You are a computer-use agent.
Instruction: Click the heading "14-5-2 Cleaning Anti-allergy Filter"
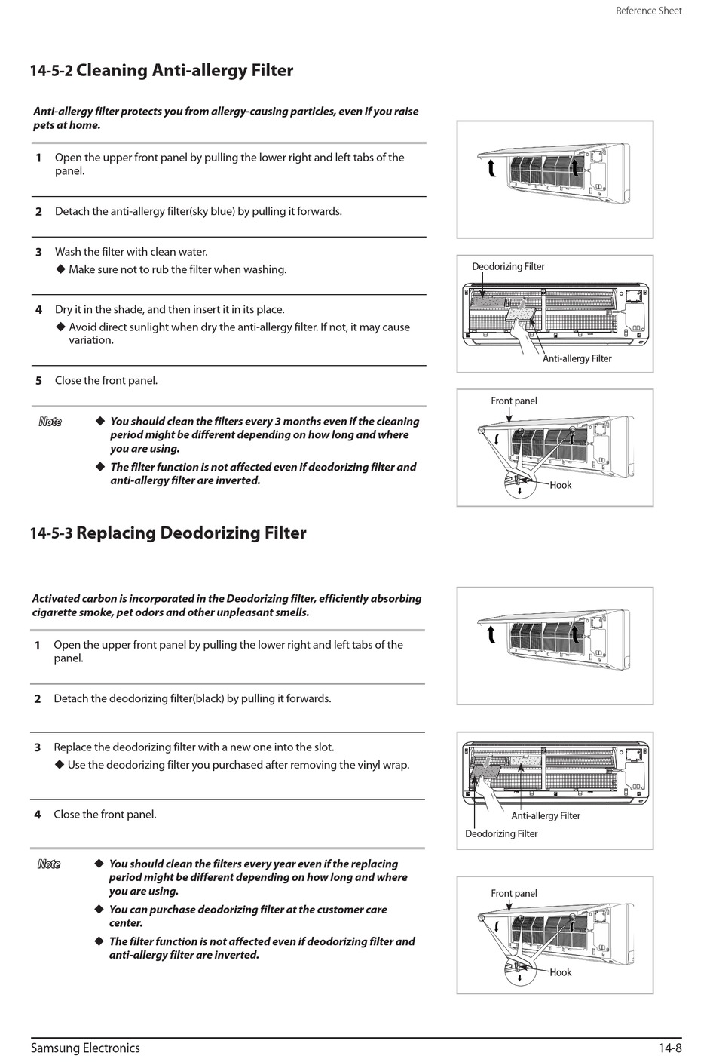tap(161, 71)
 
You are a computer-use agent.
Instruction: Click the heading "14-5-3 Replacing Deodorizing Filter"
tap(168, 533)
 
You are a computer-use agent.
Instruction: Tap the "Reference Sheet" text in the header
tap(648, 11)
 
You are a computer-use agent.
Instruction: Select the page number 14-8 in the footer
tap(669, 1048)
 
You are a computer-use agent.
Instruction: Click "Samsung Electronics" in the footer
tap(85, 1048)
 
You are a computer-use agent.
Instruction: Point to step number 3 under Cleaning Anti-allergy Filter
tap(38, 252)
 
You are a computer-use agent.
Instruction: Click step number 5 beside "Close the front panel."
tap(38, 381)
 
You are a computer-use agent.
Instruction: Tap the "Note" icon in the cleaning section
tap(50, 422)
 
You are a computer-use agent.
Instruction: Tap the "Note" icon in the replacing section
tap(49, 864)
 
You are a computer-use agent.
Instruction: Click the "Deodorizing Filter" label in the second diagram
tap(508, 267)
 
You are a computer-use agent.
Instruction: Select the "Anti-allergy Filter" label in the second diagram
tap(577, 358)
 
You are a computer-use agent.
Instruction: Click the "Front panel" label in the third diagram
tap(514, 401)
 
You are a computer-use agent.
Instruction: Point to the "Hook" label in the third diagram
tap(561, 485)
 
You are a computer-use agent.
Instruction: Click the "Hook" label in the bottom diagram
tap(561, 972)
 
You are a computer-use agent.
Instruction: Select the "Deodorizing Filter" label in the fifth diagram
tap(501, 833)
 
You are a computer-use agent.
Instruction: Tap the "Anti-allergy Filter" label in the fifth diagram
tap(546, 815)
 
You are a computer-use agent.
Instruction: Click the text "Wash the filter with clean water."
tap(131, 252)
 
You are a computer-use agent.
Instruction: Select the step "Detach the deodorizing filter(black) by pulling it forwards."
tap(192, 698)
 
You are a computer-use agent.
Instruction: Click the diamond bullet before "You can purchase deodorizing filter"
tap(98, 909)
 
